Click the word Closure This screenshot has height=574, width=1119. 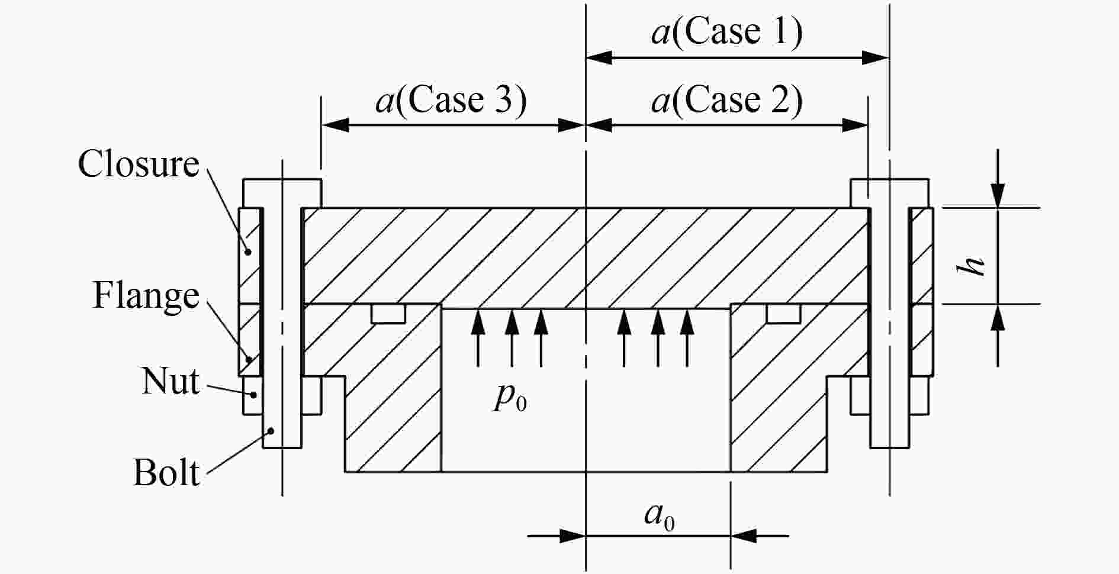139,164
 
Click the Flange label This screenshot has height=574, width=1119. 146,295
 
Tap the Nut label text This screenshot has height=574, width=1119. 171,380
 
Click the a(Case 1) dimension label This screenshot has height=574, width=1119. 727,31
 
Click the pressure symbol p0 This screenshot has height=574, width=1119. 510,398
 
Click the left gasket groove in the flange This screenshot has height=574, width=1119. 388,314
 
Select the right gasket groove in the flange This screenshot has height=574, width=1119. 783,314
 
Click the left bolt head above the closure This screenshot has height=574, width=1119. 282,194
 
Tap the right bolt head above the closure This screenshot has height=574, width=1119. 889,194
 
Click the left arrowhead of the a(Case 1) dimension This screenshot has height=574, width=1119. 599,57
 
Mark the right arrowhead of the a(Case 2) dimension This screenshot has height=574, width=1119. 856,125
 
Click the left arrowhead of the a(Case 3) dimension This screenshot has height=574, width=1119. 334,125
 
